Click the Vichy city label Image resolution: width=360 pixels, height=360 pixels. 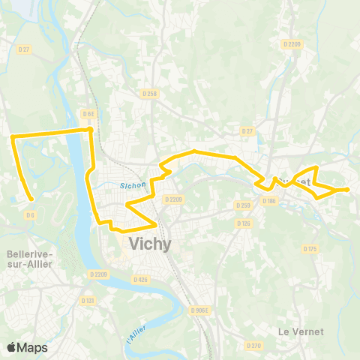point(150,244)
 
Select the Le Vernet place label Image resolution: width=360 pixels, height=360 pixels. point(301,331)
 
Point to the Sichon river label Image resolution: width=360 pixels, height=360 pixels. point(131,187)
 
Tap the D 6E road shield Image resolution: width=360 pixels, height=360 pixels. point(89,114)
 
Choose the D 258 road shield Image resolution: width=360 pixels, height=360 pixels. point(149,94)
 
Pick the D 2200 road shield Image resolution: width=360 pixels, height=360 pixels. point(291,44)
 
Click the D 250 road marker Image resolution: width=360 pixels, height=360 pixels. point(242,205)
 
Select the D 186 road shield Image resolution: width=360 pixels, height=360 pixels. point(269,201)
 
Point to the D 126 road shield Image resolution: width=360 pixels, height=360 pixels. point(243,223)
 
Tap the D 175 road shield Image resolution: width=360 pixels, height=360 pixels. point(310,248)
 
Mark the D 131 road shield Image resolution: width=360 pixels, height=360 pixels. point(89,300)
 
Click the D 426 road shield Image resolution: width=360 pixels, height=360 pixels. point(140,280)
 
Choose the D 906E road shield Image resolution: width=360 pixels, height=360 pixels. point(199,310)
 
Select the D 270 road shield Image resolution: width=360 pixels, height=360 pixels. point(254,346)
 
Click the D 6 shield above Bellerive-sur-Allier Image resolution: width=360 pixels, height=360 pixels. point(30,215)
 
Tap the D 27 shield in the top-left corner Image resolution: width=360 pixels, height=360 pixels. point(23,49)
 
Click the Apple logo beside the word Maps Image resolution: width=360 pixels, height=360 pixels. point(12,347)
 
